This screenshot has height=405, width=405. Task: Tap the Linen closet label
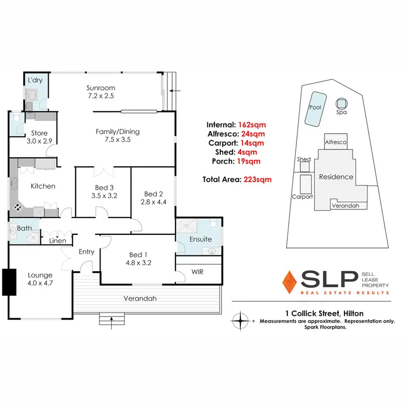(x=58, y=241)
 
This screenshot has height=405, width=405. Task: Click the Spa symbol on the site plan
(x=341, y=103)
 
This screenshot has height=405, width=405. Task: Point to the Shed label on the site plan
(x=304, y=159)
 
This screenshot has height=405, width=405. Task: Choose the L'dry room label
(x=36, y=80)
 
